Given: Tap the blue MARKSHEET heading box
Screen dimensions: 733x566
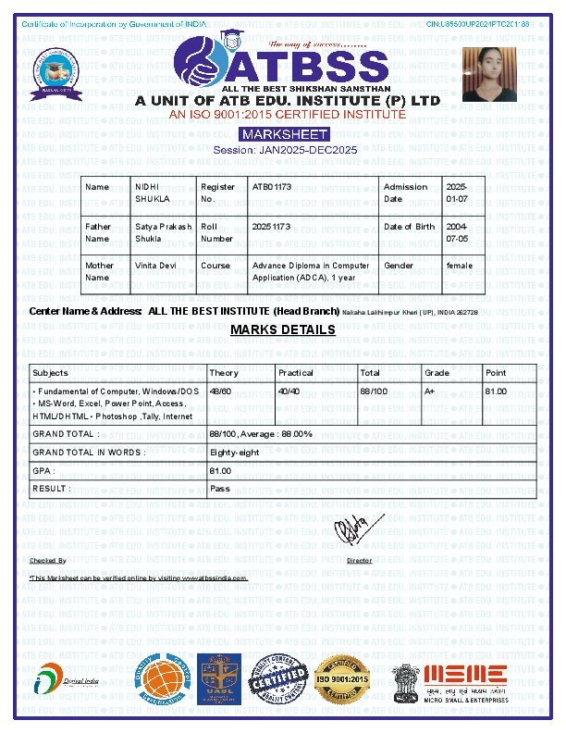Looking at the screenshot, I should [284, 135].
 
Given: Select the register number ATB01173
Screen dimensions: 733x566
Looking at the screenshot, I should [272, 187].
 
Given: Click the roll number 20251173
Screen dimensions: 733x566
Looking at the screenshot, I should [272, 226].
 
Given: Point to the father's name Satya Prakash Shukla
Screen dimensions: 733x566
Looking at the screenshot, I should [164, 231].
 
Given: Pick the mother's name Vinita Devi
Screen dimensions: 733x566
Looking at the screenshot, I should [155, 266].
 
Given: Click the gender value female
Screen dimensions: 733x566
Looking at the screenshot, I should [459, 266].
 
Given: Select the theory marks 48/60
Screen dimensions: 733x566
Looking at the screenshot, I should [220, 391].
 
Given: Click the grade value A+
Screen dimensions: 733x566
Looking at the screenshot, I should [430, 391].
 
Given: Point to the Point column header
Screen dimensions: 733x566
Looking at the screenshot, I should [496, 373].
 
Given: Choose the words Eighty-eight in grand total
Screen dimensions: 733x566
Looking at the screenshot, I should [235, 453].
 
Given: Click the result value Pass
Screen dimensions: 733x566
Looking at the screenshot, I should [220, 488].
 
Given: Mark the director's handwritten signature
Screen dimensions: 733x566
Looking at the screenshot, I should [352, 531].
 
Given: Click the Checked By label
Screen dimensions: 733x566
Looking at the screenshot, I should [48, 561].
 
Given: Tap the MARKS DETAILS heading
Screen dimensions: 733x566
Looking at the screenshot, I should [283, 329].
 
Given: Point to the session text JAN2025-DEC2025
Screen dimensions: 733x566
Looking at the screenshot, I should [285, 150].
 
